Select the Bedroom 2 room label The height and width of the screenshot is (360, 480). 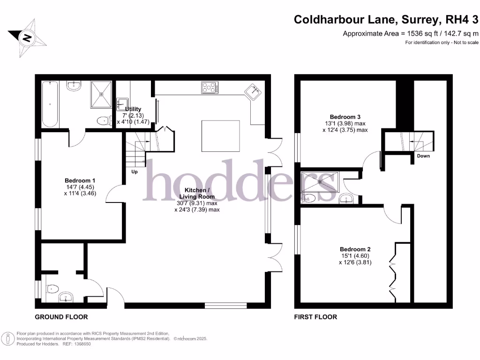(x=355, y=249)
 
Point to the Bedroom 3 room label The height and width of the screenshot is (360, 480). (x=345, y=117)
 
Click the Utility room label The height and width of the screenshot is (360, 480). (x=133, y=109)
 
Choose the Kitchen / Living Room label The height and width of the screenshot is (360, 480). (x=197, y=194)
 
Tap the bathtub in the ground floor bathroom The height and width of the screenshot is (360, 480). (x=50, y=104)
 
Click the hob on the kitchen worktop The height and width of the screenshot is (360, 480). (x=210, y=87)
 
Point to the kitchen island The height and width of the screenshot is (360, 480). (x=221, y=136)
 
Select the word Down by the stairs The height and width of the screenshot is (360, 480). (x=423, y=156)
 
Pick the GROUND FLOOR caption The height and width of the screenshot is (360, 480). (x=61, y=317)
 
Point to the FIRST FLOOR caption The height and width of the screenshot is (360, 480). (x=315, y=317)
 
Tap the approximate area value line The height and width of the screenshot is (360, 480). (x=411, y=33)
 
